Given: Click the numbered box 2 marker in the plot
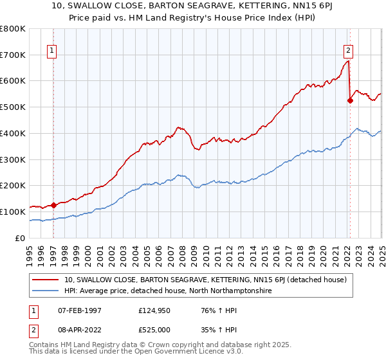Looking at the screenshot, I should coord(348,51).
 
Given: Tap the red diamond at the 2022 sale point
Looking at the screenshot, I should coord(350,100).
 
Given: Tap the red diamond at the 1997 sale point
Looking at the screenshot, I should coord(54,205).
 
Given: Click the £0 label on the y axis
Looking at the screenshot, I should coord(20,238).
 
